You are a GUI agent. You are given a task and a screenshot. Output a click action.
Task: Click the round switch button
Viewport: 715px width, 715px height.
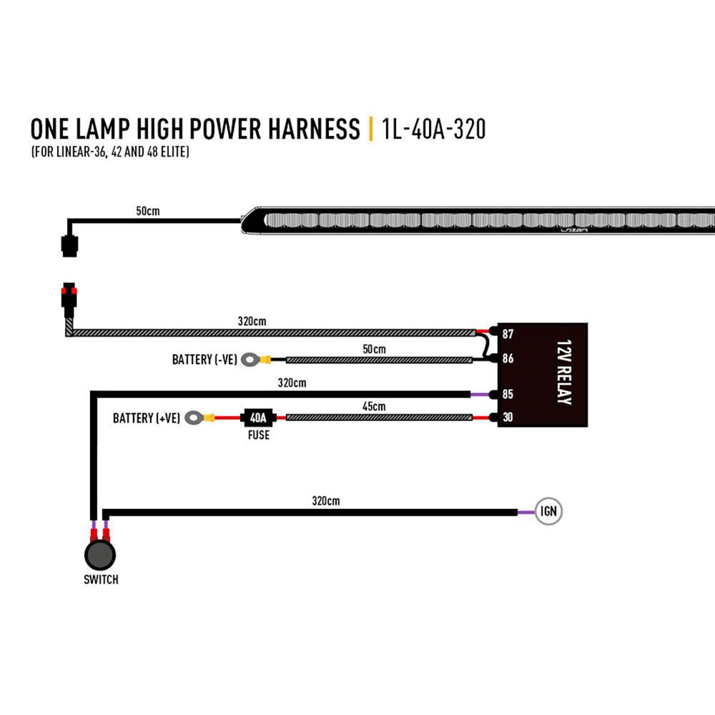(100, 554)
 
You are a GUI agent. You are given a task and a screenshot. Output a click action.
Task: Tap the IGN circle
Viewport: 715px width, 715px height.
(549, 512)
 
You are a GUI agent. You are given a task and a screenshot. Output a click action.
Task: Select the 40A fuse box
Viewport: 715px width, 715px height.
(258, 417)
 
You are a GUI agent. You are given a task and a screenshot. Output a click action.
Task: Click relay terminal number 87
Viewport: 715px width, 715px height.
(508, 334)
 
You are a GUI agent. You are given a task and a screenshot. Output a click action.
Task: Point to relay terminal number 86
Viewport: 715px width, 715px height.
(508, 359)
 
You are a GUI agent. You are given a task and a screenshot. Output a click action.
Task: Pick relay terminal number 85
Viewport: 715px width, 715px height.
(508, 394)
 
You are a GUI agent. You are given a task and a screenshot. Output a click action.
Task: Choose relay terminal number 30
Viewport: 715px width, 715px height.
(508, 418)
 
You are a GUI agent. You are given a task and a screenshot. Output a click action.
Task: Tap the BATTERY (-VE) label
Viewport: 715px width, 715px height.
(204, 360)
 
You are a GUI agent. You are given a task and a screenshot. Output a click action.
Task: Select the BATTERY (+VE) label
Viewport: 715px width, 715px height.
(145, 418)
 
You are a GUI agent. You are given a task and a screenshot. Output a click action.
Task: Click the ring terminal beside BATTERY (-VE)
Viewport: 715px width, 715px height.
(250, 360)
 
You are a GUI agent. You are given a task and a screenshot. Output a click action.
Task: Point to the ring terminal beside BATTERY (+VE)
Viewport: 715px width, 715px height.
(193, 418)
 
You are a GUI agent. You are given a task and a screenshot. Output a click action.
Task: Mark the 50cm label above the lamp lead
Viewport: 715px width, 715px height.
(148, 212)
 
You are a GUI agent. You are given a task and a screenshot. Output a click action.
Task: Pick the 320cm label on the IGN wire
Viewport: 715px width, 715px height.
(325, 501)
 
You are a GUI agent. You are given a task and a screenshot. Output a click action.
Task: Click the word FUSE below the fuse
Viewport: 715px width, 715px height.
(258, 434)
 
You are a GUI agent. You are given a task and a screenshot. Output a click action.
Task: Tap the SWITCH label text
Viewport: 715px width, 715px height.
(101, 579)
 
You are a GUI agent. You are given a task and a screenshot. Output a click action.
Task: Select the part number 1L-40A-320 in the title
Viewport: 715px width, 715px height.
(434, 129)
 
